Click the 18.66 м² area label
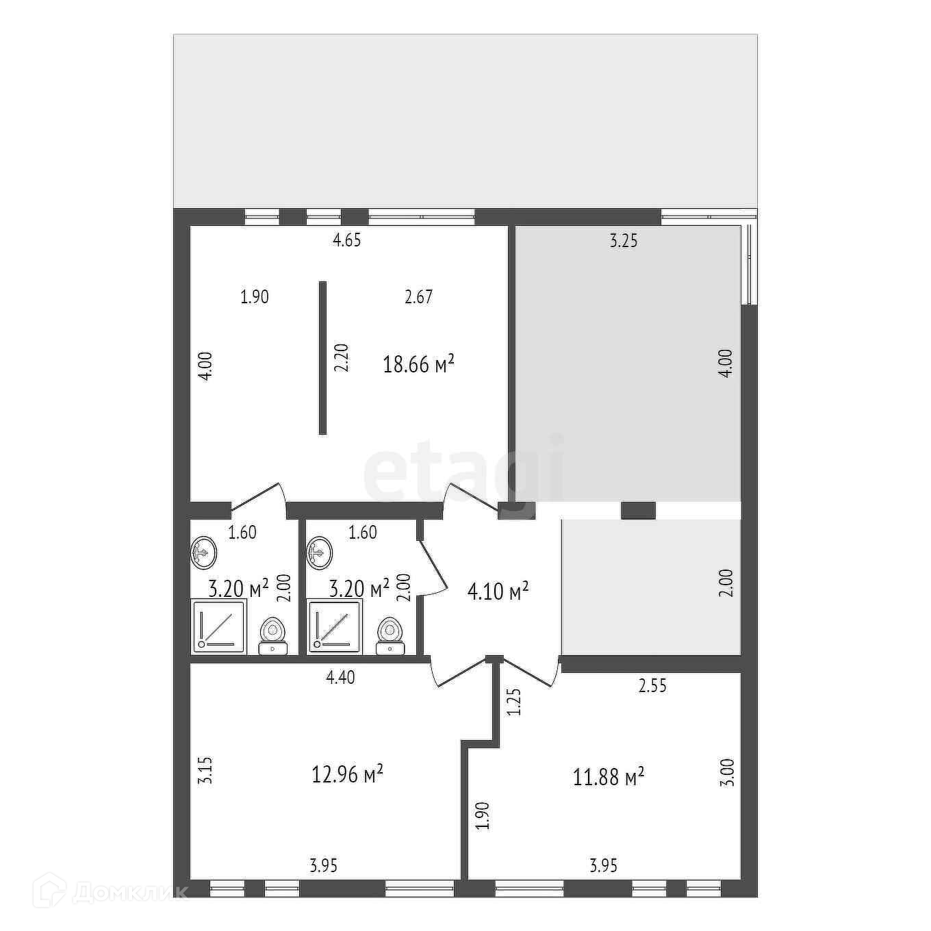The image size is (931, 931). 418,364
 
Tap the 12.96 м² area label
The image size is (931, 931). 347,761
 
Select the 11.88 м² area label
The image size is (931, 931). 609,763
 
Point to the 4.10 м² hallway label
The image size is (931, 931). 498,591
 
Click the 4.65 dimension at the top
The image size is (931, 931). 347,240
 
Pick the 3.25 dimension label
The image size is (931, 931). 623,240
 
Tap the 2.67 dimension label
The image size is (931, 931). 418,296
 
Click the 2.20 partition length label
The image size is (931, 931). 341,357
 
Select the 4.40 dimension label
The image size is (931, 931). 341,677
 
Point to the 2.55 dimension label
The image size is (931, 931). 652,685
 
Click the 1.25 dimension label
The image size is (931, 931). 515,702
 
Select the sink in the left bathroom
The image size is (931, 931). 203,552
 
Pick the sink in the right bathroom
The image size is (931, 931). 320,552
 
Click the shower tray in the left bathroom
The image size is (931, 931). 219,626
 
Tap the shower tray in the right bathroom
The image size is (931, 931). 335,626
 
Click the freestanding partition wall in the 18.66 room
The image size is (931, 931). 322,358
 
